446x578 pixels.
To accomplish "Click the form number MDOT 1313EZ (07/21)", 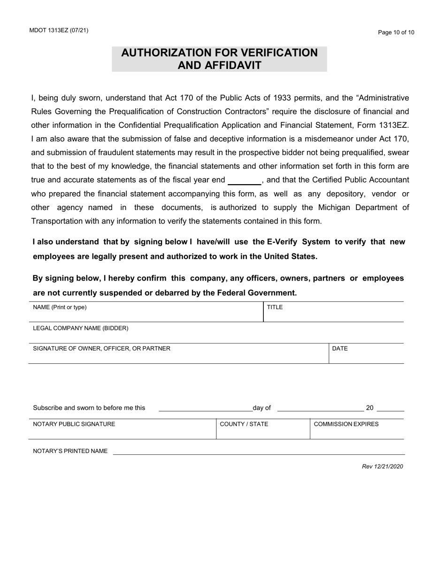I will (58, 31).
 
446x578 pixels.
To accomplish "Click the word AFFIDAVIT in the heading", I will (219, 65).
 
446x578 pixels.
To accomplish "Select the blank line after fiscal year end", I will (244, 181).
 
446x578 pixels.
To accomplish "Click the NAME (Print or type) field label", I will (60, 307).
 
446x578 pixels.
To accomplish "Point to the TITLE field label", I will (275, 307).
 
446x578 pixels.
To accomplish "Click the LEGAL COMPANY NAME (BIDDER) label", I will (80, 328).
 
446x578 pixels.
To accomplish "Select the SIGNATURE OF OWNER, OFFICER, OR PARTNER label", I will (101, 348).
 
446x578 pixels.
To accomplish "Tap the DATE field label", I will (340, 348).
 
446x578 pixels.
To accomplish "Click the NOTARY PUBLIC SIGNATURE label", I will (74, 424).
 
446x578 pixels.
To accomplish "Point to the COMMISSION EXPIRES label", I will (346, 424).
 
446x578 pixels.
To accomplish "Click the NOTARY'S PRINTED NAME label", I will (70, 451).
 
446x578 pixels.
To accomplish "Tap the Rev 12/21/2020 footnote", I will (382, 467).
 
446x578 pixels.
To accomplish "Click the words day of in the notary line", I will (262, 408).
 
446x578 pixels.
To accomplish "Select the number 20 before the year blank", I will (369, 408).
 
